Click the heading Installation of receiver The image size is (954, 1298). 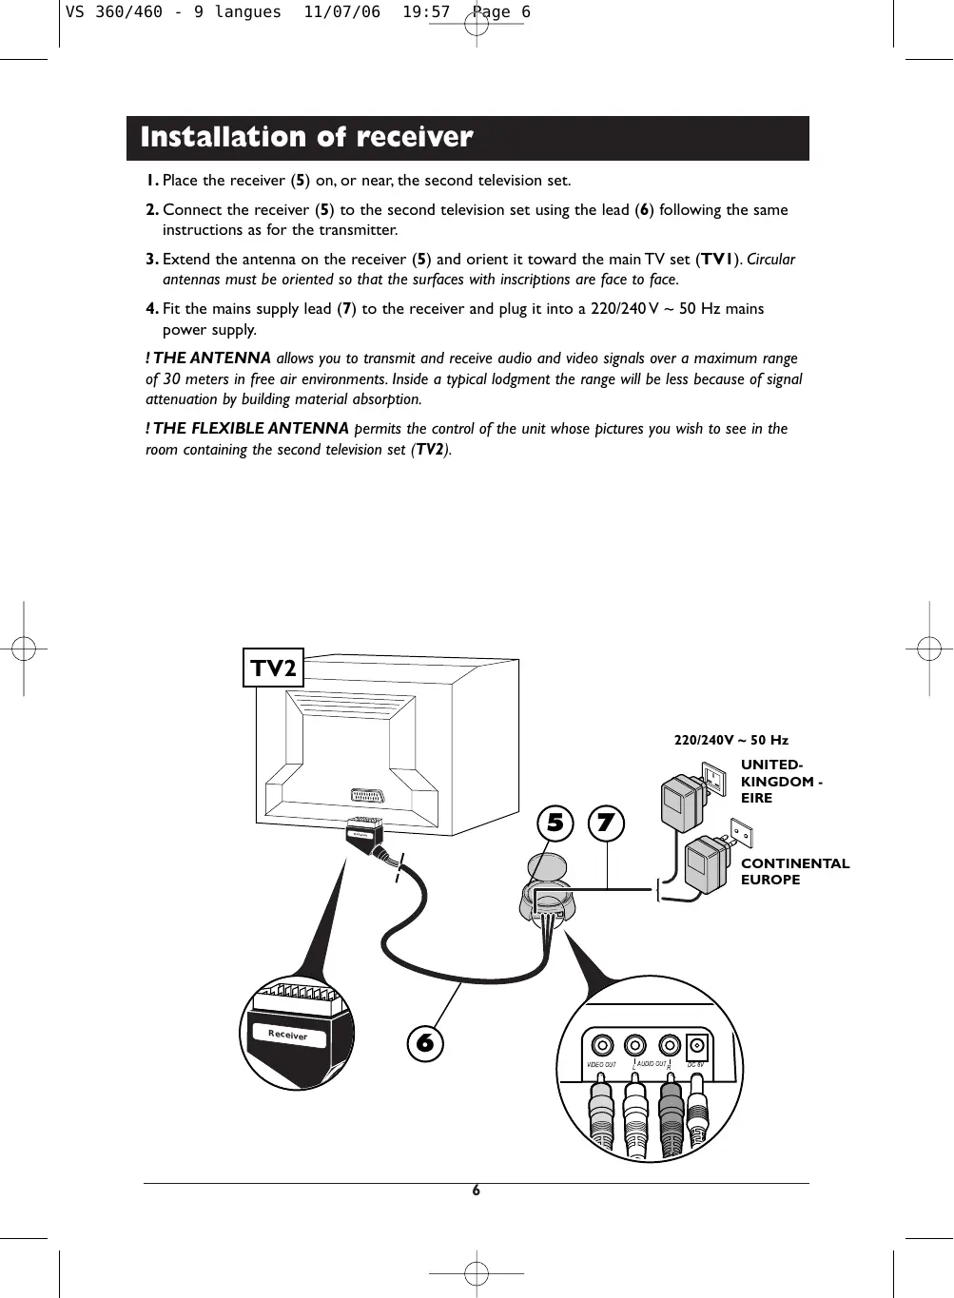pyautogui.click(x=306, y=138)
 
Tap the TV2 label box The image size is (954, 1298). pyautogui.click(x=274, y=668)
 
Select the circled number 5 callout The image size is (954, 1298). pyautogui.click(x=555, y=823)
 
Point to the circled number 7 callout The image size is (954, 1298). pyautogui.click(x=606, y=823)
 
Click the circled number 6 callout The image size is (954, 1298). pyautogui.click(x=425, y=1043)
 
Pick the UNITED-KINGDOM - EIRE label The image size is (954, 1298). pyautogui.click(x=780, y=781)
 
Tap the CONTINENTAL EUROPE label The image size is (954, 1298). pyautogui.click(x=794, y=871)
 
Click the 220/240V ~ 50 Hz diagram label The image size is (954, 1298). pyautogui.click(x=730, y=740)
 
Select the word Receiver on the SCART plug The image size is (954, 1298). pyautogui.click(x=287, y=1035)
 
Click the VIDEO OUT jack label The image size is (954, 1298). pyautogui.click(x=601, y=1065)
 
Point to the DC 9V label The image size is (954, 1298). pyautogui.click(x=695, y=1064)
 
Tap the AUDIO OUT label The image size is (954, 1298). pyautogui.click(x=652, y=1064)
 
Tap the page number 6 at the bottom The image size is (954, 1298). pyautogui.click(x=477, y=1191)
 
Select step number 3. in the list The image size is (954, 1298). pyautogui.click(x=152, y=260)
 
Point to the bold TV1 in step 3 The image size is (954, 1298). pyautogui.click(x=717, y=260)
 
